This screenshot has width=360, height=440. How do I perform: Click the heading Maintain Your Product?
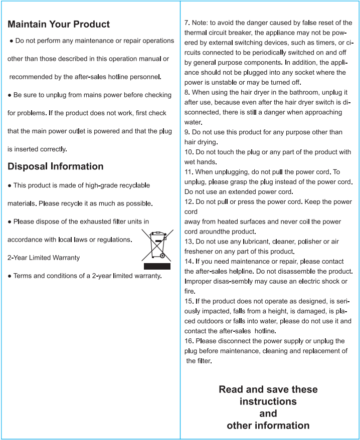pyautogui.click(x=59, y=24)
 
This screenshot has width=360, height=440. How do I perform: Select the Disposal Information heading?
pyautogui.click(x=56, y=166)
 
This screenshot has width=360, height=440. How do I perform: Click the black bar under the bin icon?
pyautogui.click(x=157, y=266)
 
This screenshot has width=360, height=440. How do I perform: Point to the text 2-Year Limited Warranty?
pyautogui.click(x=44, y=258)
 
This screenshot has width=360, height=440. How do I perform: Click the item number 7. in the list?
pyautogui.click(x=187, y=23)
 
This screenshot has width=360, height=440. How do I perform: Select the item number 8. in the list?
pyautogui.click(x=187, y=93)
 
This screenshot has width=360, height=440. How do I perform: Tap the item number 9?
pyautogui.click(x=187, y=132)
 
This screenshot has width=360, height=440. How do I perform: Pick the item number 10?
pyautogui.click(x=189, y=152)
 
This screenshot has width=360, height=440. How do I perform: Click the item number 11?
pyautogui.click(x=189, y=172)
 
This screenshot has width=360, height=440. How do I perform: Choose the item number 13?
pyautogui.click(x=189, y=242)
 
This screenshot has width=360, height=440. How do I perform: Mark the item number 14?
pyautogui.click(x=189, y=262)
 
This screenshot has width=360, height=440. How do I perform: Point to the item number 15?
pyautogui.click(x=189, y=301)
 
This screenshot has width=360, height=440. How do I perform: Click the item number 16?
pyautogui.click(x=189, y=341)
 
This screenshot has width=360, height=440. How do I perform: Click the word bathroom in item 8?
pyautogui.click(x=288, y=93)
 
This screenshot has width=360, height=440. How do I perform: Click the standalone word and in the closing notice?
pyautogui.click(x=268, y=413)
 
